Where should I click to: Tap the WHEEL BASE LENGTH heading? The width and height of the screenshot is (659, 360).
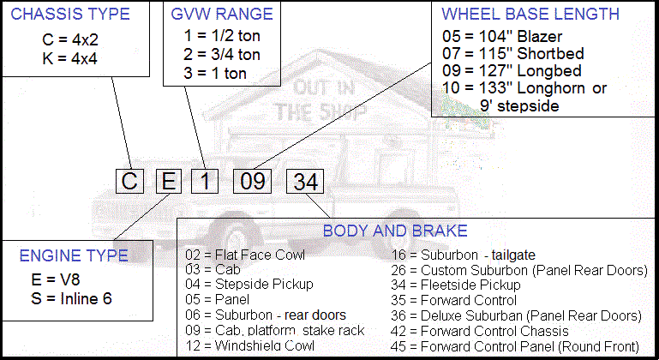[x=530, y=15]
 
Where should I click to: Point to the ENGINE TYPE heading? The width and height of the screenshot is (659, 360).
[x=74, y=255]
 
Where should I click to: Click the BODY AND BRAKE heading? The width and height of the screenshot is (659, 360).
[x=395, y=231]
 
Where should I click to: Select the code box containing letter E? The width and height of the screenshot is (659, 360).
[x=167, y=182]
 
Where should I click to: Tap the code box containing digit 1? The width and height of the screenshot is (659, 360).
[x=204, y=182]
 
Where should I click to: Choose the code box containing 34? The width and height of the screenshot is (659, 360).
[x=304, y=182]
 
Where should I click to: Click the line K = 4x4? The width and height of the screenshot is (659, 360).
[x=70, y=58]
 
